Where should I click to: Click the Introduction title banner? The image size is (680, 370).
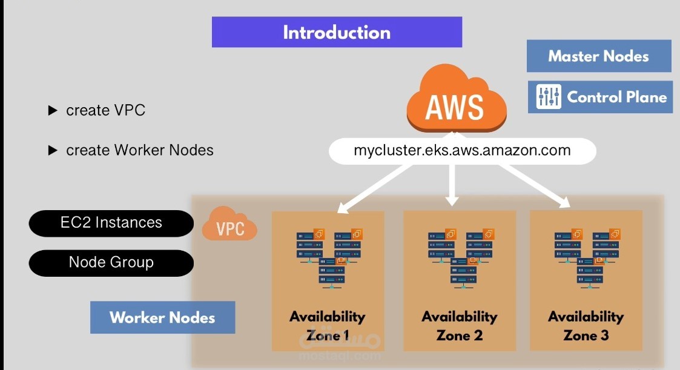click(x=337, y=32)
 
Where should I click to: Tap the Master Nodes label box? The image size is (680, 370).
click(x=599, y=56)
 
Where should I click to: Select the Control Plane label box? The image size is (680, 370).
click(x=600, y=97)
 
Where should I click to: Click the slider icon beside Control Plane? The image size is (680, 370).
click(x=549, y=97)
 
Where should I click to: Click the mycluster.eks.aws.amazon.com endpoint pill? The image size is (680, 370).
click(x=462, y=151)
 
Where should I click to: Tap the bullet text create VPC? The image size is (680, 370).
click(x=105, y=110)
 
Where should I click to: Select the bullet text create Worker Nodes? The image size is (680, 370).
click(x=139, y=150)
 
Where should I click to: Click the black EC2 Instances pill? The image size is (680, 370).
click(x=111, y=222)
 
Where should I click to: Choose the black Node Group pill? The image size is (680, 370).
click(x=111, y=262)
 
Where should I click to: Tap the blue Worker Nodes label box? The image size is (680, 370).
click(x=162, y=317)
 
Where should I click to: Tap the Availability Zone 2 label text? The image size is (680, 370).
click(x=460, y=326)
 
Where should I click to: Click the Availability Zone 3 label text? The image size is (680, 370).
click(x=586, y=326)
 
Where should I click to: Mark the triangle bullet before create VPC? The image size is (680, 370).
click(x=53, y=111)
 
